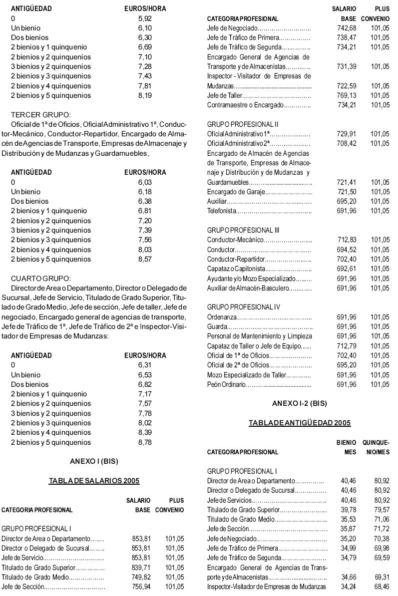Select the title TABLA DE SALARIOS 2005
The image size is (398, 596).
[x=93, y=481]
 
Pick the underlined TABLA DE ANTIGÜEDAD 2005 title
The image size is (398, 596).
[x=300, y=423]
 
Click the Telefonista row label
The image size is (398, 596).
[x=220, y=211]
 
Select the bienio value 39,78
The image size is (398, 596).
[x=348, y=510]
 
